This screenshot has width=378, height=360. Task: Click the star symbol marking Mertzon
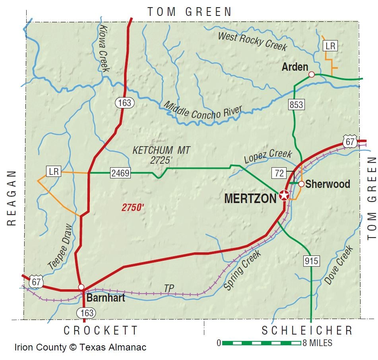pos(284,195)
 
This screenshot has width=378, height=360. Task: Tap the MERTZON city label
pos(250,198)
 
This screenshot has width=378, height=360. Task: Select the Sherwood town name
pos(328,184)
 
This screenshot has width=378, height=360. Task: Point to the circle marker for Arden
pos(312,74)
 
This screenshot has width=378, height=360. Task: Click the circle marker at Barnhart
pos(81,286)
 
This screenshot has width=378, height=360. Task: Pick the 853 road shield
pos(297,105)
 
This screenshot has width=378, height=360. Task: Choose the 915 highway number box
pos(312,261)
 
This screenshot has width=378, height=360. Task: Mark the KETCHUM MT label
pos(161,150)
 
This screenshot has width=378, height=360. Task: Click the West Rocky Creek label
pos(252,41)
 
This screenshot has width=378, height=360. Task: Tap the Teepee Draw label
pos(60,246)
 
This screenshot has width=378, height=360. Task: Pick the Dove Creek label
pos(339,265)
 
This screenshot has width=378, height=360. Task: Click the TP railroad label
pos(169,288)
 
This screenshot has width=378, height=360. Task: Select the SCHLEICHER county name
pos(307,330)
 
